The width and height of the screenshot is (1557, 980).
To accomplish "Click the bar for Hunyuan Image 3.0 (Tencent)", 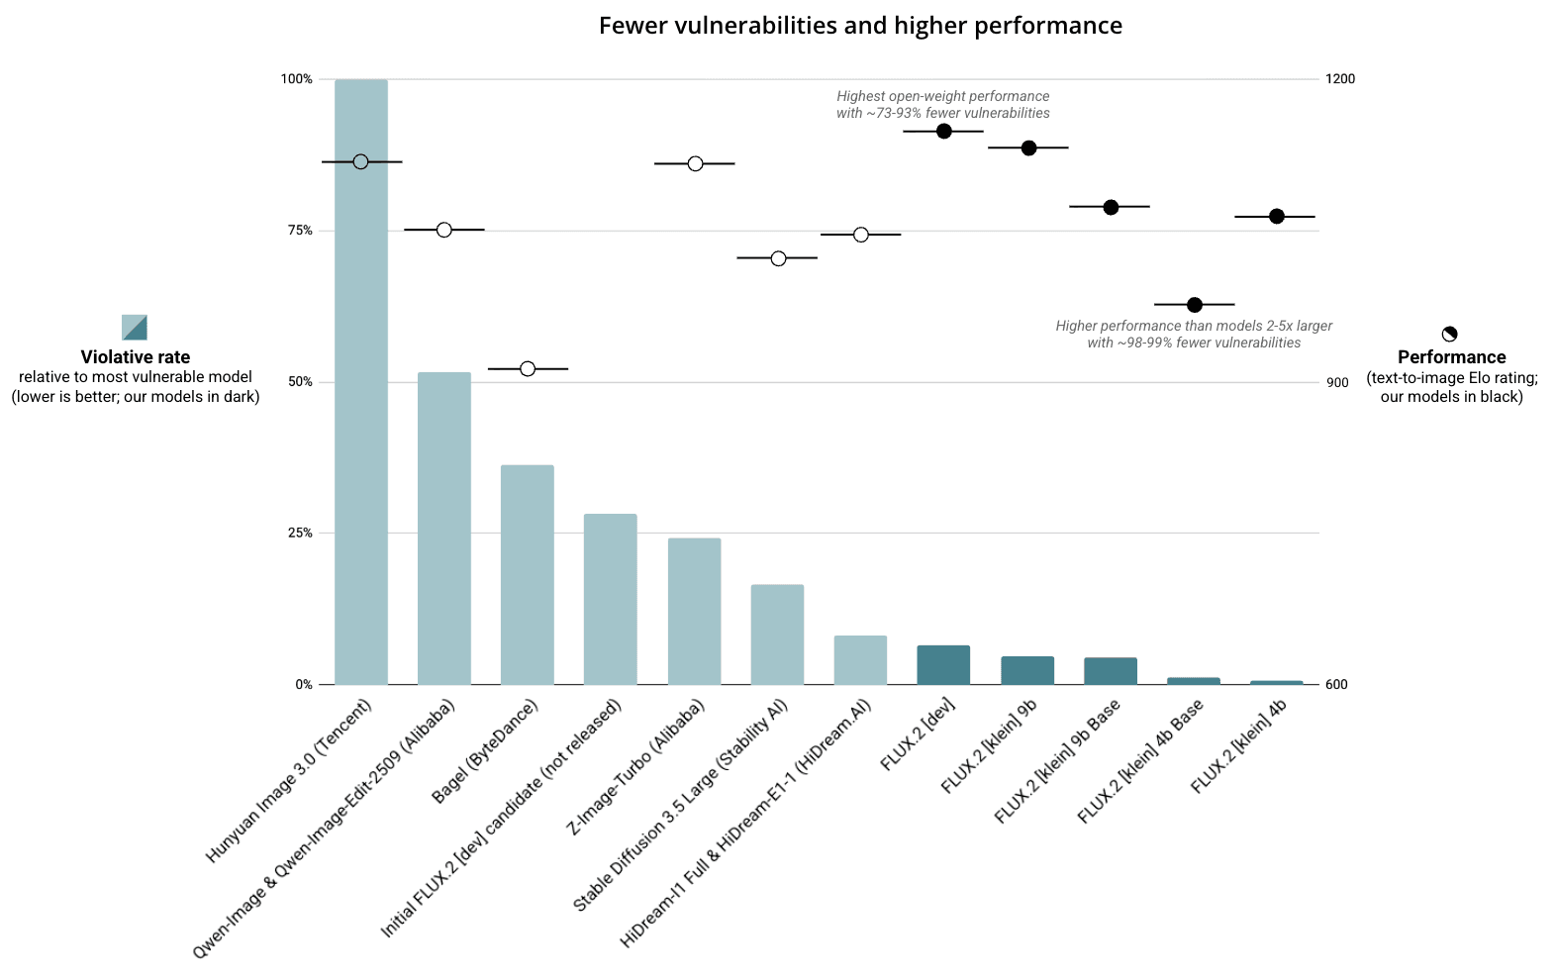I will (360, 396).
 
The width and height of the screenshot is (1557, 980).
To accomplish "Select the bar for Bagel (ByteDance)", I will (527, 574).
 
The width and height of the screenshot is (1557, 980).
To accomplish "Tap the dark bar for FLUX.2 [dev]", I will (943, 665).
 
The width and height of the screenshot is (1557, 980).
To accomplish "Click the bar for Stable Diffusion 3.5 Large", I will (777, 635).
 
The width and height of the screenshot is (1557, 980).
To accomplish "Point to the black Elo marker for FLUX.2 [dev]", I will (943, 132).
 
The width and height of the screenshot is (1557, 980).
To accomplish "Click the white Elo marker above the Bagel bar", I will (528, 369).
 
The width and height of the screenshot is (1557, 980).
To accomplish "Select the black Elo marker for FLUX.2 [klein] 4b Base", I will (1194, 305).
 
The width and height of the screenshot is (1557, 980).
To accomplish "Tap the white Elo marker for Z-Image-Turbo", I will (695, 163).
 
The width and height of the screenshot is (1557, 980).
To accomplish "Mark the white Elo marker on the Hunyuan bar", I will (360, 161).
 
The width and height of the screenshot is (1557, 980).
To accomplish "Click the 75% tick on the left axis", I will (300, 231).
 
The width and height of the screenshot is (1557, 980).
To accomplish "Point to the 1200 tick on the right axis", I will (1340, 79).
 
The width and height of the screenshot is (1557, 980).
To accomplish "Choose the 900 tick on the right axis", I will (1337, 383).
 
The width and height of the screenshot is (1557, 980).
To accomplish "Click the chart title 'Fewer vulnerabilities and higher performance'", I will (860, 26).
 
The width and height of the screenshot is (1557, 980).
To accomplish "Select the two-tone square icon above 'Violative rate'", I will (135, 327).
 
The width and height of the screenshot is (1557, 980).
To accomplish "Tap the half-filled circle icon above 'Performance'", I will (1449, 335).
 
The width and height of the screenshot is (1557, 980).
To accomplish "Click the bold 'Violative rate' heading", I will (135, 357).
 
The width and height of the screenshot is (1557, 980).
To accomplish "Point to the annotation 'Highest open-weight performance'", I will (942, 97).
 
